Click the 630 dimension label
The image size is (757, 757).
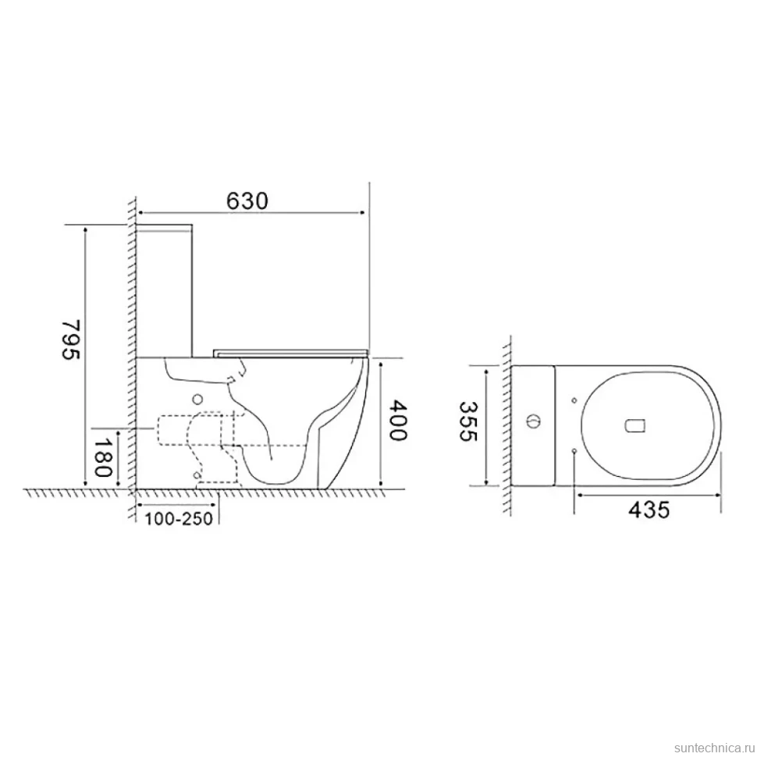coord(247,201)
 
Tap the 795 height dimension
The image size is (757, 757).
coord(70,339)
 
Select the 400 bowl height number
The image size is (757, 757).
coord(398,420)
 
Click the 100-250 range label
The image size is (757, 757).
coord(179,518)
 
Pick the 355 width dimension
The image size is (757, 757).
coord(467,421)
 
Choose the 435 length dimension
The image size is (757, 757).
coord(649,510)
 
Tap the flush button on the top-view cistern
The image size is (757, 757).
coord(533,421)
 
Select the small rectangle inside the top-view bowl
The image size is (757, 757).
coord(635,425)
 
